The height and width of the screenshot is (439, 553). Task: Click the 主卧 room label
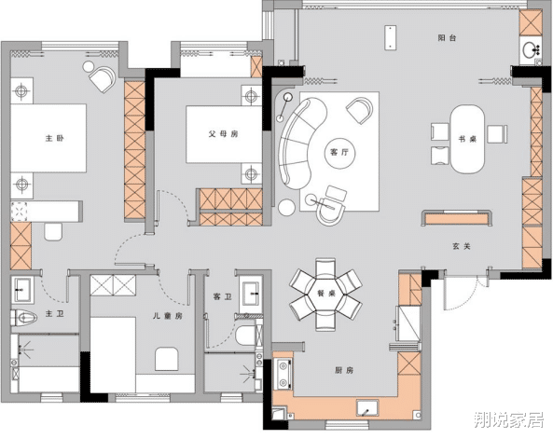coord(55,138)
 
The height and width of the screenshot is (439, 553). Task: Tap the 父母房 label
coord(223,134)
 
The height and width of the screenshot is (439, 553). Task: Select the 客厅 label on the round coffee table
coord(339,152)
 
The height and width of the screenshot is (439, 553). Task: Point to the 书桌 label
coord(467,139)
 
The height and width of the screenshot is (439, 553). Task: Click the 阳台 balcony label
coord(448,37)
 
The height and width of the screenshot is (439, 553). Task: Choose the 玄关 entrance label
coord(462,246)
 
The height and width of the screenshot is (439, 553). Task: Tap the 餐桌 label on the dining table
coord(326,293)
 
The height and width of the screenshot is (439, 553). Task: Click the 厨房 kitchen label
coord(344,370)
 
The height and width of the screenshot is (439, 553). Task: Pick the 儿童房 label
coord(168,316)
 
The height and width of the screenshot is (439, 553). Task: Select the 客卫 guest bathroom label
coord(223,297)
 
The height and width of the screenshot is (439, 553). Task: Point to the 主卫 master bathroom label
coord(55,313)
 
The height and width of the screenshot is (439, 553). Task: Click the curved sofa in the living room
coord(300,143)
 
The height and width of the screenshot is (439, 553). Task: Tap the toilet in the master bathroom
coord(24,318)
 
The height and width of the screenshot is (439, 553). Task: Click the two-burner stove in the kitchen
coord(283,374)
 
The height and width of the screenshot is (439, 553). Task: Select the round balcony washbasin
coord(530,49)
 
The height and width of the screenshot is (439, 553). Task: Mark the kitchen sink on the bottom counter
coord(367,408)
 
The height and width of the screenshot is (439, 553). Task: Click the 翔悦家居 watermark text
coord(508,420)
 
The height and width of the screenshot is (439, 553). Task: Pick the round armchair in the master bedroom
coord(103,79)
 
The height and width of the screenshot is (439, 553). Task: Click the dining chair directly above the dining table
coord(325,268)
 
